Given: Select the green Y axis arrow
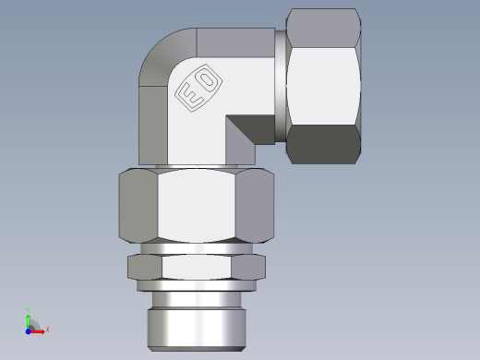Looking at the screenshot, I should pyautogui.click(x=30, y=316).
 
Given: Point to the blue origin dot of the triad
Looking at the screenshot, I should pyautogui.click(x=30, y=328).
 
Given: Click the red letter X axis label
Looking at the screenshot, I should pyautogui.click(x=47, y=329).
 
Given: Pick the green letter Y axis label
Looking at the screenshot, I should pyautogui.click(x=30, y=309).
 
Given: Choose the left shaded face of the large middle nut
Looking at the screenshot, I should pyautogui.click(x=138, y=208).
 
